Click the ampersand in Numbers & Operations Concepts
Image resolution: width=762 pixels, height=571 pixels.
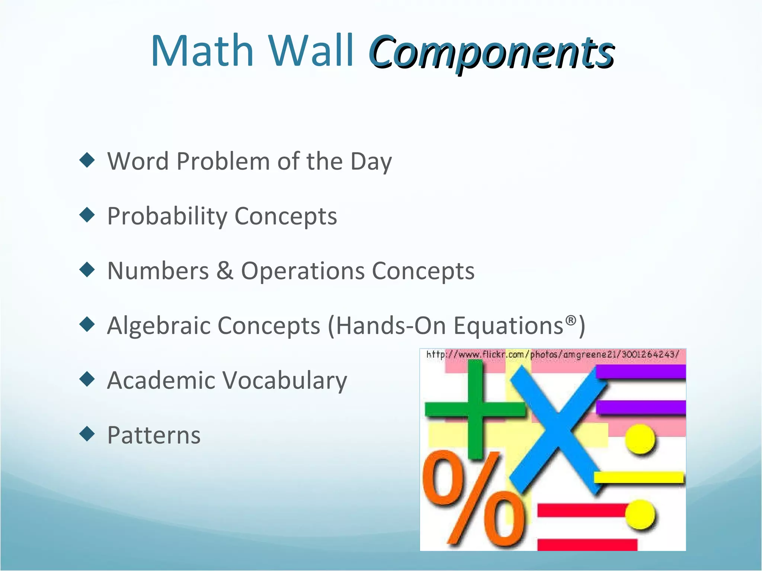225,270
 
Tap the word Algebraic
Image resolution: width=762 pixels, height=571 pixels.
158,326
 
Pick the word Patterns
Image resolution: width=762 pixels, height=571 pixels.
154,435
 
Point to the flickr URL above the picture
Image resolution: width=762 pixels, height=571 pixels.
553,354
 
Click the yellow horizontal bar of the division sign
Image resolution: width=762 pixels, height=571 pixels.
638,477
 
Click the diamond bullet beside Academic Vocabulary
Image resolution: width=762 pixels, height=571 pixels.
87,379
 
